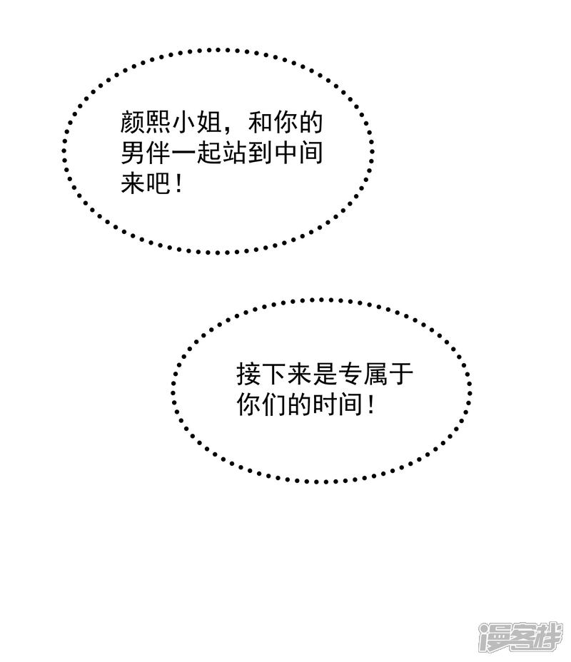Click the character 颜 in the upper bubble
point(133,123)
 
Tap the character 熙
point(158,123)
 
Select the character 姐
point(209,123)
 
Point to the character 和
point(261,123)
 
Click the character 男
point(133,153)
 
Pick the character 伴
point(158,153)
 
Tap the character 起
point(209,153)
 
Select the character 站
point(235,153)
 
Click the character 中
point(286,153)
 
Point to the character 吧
point(158,183)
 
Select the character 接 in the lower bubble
point(248,374)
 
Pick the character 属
point(375,374)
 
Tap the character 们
point(273,404)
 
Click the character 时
point(324,404)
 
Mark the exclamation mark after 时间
point(371,404)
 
